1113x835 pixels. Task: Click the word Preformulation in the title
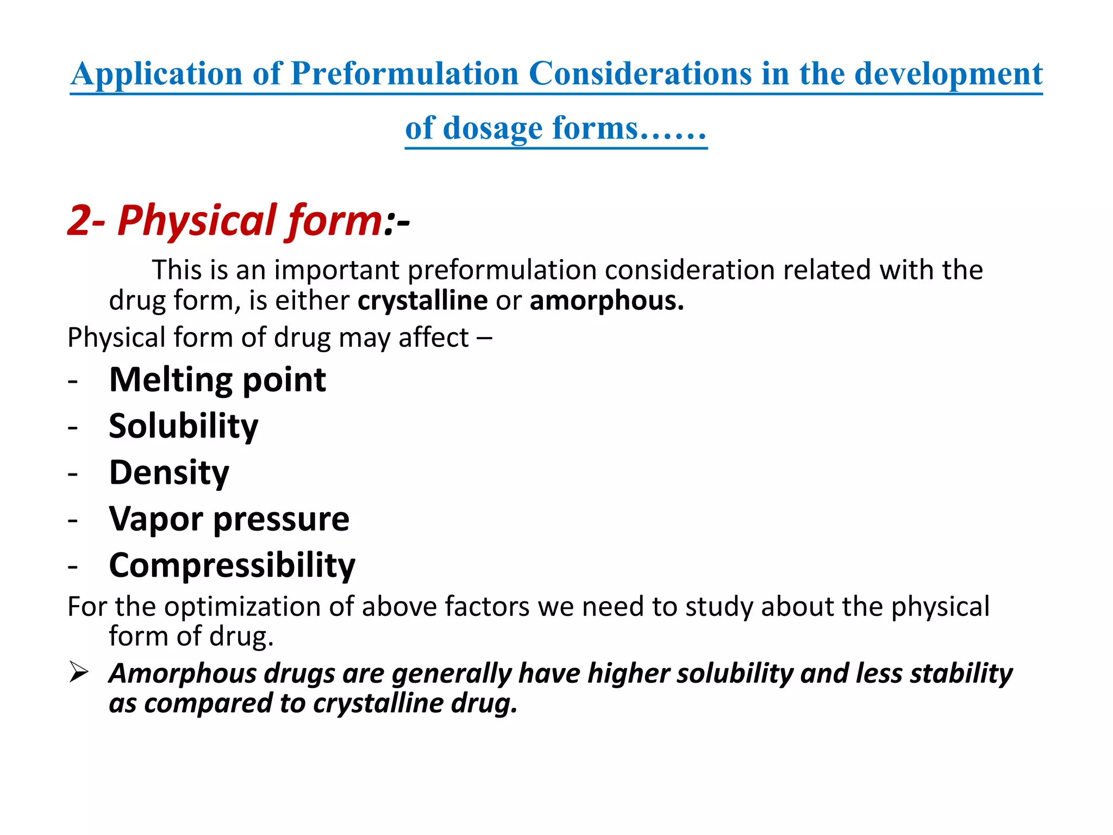405,73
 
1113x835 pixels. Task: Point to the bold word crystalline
422,301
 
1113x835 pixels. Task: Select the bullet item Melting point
217,379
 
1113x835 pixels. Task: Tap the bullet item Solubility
183,426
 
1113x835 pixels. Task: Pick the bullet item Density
169,472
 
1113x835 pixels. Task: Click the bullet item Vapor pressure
229,519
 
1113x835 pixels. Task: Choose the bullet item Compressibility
232,565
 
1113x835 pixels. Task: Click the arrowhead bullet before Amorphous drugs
79,673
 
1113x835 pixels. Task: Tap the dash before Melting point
73,381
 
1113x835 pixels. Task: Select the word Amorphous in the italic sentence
183,673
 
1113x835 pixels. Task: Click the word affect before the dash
433,338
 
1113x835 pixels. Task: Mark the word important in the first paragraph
336,270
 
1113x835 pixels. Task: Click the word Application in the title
157,73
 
